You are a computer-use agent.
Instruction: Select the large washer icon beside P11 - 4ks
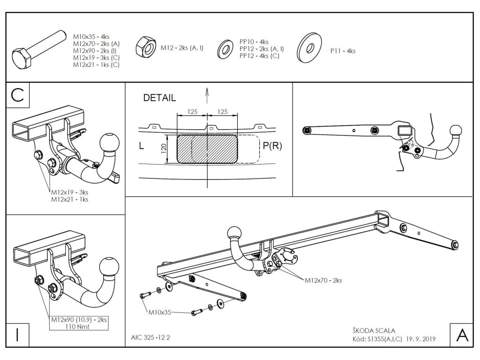(x=309, y=48)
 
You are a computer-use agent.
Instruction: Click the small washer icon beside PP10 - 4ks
(x=226, y=49)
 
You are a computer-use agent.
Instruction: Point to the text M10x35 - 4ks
(x=91, y=36)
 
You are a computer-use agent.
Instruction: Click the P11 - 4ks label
(x=343, y=51)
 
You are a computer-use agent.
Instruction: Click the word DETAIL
(x=159, y=98)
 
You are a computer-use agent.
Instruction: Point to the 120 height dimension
(x=164, y=149)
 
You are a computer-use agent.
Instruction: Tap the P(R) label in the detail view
(x=272, y=146)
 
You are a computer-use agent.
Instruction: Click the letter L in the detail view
(x=142, y=146)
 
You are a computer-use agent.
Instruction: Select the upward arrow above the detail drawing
(x=207, y=96)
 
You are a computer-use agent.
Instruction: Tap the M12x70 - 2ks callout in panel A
(x=323, y=280)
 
